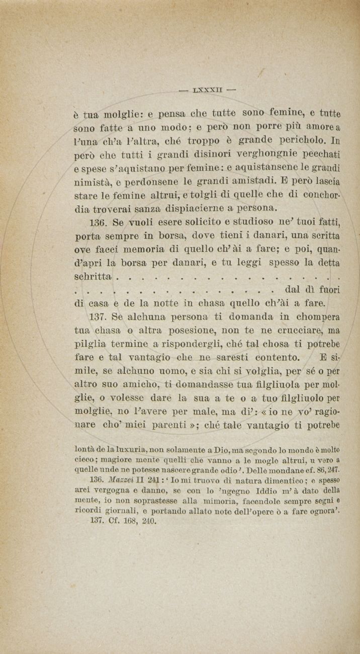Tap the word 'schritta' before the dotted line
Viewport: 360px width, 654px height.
[x=93, y=277]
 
